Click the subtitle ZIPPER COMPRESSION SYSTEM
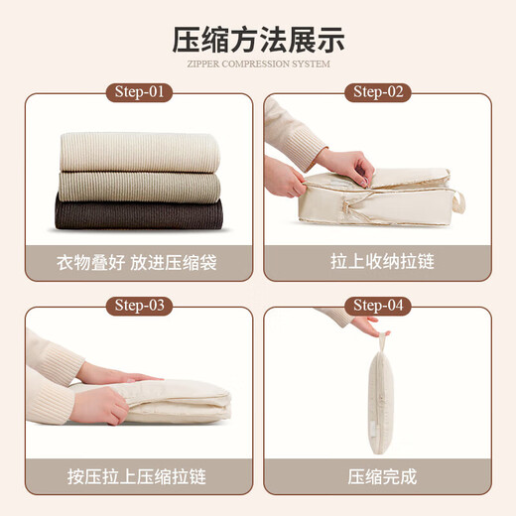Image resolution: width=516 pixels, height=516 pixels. click(258, 64)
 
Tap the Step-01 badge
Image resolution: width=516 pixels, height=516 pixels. click(139, 93)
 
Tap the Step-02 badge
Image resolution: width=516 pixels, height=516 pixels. click(377, 93)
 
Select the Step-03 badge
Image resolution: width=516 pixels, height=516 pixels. click(139, 305)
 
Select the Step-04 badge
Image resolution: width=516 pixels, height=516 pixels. click(377, 305)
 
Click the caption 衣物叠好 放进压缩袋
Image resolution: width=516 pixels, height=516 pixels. click(139, 263)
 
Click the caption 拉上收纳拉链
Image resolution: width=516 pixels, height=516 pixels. click(377, 263)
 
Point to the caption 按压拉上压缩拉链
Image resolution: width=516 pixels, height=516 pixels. click(139, 475)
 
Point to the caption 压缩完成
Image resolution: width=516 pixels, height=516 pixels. click(377, 475)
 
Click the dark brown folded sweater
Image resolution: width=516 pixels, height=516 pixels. click(139, 214)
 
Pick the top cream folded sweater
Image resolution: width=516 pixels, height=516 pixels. click(139, 151)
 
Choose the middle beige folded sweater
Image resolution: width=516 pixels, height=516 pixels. click(139, 186)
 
